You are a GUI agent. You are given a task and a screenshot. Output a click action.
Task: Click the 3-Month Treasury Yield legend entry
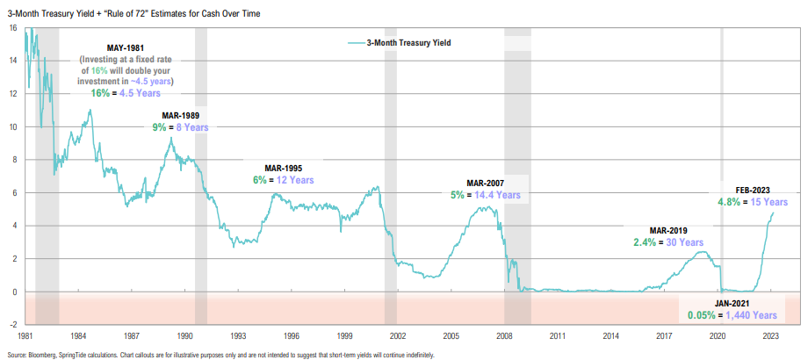tap(414, 42)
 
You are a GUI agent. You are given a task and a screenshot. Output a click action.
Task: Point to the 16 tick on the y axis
tap(13, 28)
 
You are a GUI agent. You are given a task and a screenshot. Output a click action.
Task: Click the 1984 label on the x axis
tap(78, 335)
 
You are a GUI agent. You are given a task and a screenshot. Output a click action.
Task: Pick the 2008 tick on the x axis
tap(504, 335)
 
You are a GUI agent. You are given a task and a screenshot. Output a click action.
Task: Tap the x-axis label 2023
tap(770, 335)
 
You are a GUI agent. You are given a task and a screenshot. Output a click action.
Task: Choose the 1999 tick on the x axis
tap(344, 335)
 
